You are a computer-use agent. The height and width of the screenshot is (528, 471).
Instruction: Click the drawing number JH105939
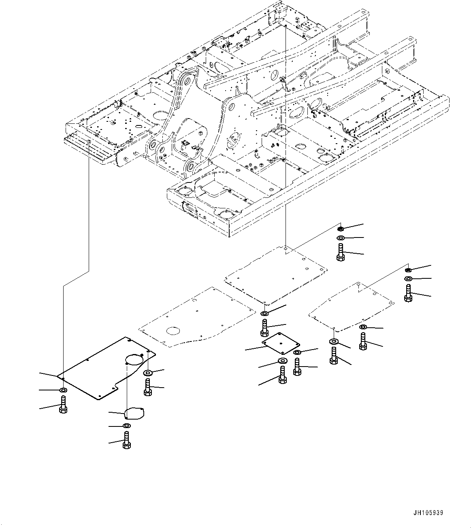pos(428,513)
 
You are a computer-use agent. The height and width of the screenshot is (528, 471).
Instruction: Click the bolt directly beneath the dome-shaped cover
pos(126,439)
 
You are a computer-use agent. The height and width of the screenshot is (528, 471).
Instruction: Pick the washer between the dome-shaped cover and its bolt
pos(126,426)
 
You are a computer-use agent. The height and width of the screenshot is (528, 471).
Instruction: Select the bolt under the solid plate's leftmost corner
pos(63,405)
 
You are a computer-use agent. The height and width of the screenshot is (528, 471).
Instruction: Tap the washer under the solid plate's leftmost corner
pos(63,390)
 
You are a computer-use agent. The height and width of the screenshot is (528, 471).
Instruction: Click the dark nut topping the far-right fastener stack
pos(408,269)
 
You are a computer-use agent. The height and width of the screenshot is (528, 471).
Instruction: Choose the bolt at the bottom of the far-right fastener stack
pos(408,293)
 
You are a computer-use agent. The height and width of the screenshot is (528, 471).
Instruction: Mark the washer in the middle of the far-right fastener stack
pos(408,279)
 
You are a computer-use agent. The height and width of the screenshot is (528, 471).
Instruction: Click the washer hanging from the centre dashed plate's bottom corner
pos(264,313)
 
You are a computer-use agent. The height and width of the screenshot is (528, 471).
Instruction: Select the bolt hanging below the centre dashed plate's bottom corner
pos(264,328)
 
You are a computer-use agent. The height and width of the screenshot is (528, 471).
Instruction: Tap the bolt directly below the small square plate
pos(282,374)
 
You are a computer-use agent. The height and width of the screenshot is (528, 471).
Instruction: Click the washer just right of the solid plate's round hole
pos(148,373)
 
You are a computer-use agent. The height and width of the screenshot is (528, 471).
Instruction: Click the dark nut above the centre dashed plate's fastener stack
pos(341,229)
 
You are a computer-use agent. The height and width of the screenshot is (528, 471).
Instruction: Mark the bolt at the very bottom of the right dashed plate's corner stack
pos(333,356)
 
